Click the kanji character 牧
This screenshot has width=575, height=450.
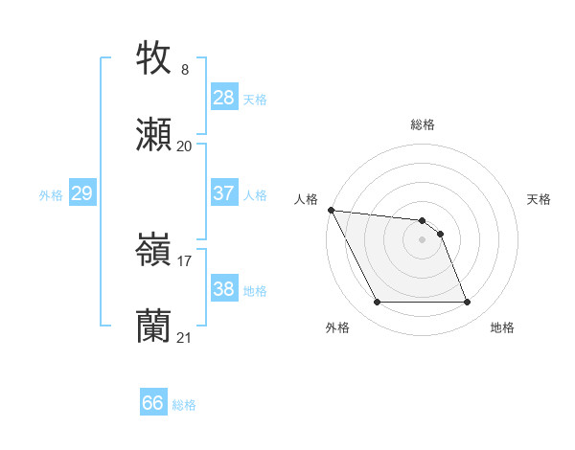click(154, 58)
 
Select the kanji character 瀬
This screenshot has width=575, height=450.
click(154, 135)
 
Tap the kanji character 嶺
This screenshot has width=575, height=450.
click(154, 250)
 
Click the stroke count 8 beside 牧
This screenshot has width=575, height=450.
click(185, 70)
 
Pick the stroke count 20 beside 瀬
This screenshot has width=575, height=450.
click(185, 146)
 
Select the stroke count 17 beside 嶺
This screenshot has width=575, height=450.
click(185, 260)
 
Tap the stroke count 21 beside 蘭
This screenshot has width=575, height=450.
click(185, 337)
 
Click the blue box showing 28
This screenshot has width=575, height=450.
click(224, 98)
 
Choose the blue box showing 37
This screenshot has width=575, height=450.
click(224, 193)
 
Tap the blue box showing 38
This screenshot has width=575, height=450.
click(224, 289)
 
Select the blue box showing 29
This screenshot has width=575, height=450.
click(81, 193)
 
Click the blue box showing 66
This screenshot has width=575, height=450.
click(153, 404)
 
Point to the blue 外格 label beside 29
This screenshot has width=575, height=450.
click(51, 195)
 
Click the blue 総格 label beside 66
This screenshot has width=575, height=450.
click(184, 405)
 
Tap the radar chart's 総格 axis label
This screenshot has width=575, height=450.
click(423, 124)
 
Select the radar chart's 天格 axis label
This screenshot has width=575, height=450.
click(540, 199)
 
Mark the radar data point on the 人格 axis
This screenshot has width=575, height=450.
click(331, 210)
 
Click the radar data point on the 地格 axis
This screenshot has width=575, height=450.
click(467, 303)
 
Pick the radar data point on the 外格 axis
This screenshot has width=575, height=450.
click(377, 303)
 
